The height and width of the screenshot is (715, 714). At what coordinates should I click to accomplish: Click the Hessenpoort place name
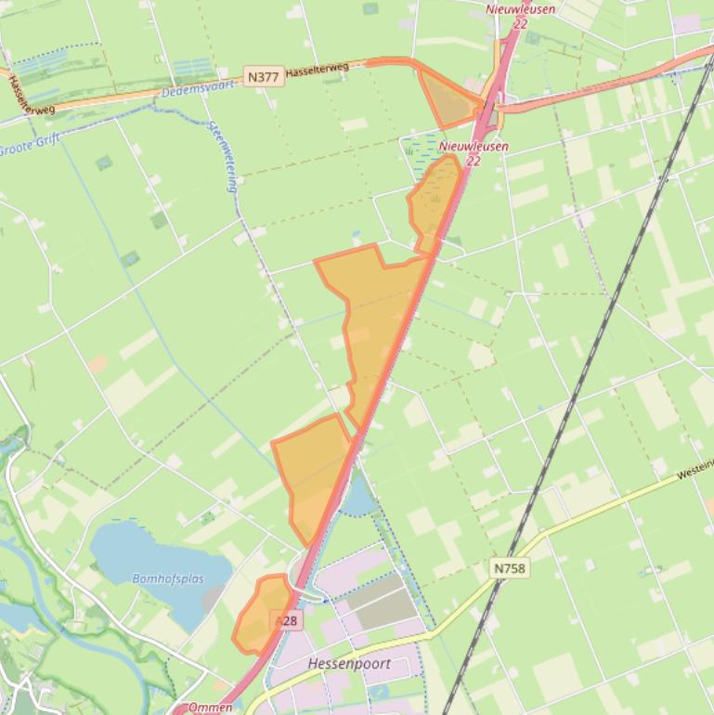(x=348, y=665)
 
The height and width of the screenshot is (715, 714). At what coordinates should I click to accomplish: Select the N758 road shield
(x=510, y=566)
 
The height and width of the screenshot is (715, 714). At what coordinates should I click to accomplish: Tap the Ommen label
(x=210, y=708)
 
